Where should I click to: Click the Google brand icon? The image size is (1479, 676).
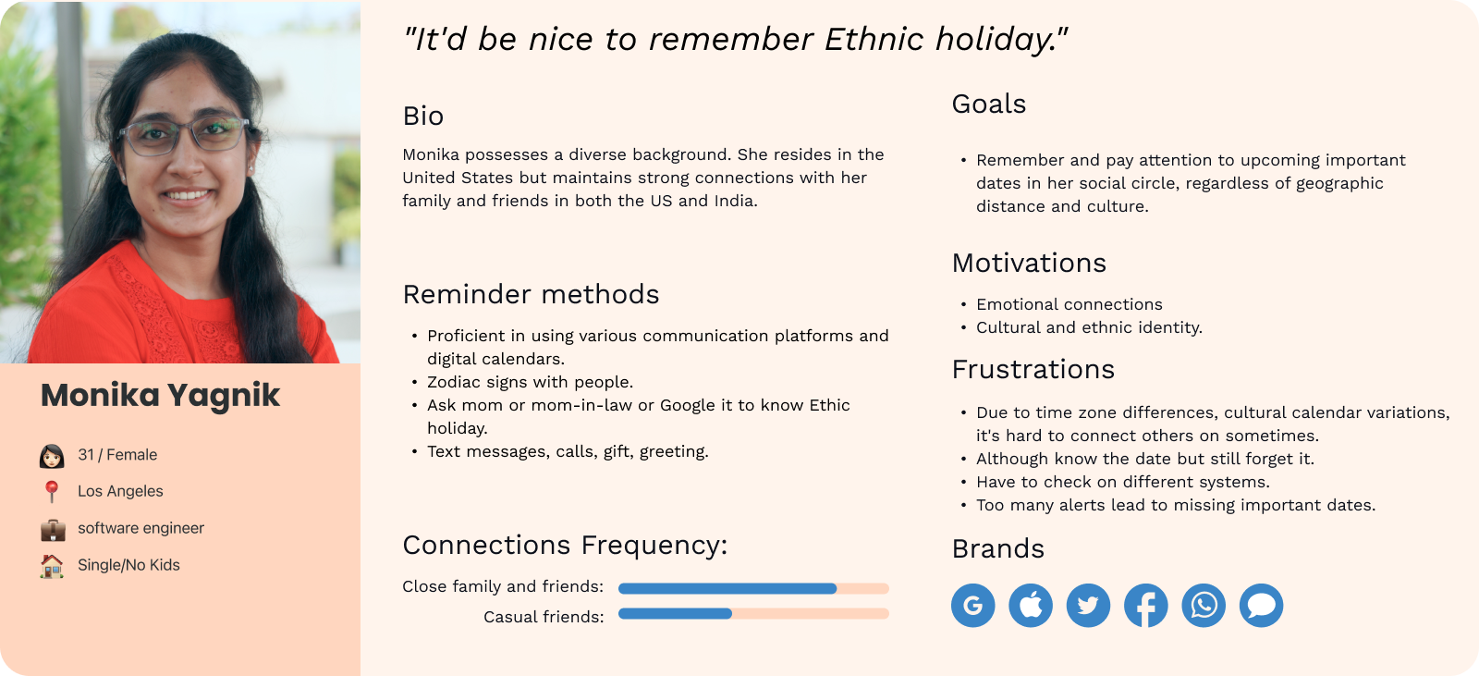click(x=972, y=605)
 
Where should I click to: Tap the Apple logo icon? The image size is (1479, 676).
click(x=1030, y=605)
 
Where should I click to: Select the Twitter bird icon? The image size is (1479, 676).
click(x=1088, y=605)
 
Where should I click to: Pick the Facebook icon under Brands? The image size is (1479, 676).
click(x=1145, y=605)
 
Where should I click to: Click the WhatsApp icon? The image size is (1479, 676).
click(x=1203, y=605)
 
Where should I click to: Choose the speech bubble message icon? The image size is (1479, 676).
click(x=1261, y=605)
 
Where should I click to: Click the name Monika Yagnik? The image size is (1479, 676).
click(x=161, y=396)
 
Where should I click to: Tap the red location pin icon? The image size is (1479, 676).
click(x=52, y=492)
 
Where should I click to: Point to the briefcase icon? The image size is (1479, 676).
click(x=53, y=529)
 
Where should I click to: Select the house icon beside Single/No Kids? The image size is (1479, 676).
click(x=52, y=566)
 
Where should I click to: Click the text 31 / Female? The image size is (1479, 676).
click(x=117, y=455)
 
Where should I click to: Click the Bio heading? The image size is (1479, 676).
click(x=422, y=117)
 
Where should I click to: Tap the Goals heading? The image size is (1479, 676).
click(x=988, y=104)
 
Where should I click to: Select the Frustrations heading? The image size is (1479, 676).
click(x=1033, y=369)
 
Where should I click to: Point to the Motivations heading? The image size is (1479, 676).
click(x=1029, y=263)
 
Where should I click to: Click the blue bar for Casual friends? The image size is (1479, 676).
click(x=675, y=613)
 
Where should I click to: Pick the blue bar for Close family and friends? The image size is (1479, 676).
click(x=727, y=588)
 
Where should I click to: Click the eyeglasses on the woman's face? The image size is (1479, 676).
click(x=184, y=135)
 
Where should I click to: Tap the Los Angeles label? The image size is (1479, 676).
click(x=120, y=491)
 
